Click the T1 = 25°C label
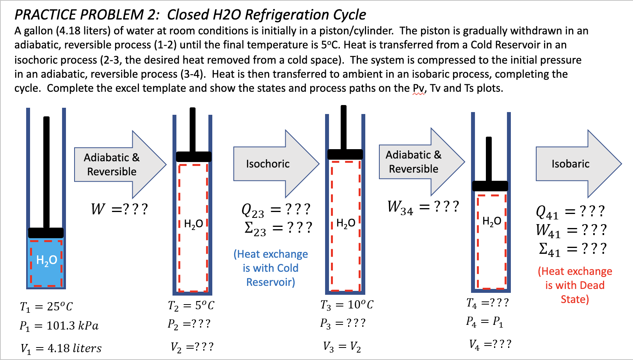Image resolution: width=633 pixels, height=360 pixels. [46, 307]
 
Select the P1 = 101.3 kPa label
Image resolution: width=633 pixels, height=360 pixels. [59, 326]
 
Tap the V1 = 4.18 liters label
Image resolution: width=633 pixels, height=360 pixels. [61, 348]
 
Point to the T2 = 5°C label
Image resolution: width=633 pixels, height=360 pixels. [191, 305]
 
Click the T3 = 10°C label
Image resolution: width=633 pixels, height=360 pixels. [347, 305]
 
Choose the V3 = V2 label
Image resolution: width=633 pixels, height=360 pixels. [342, 347]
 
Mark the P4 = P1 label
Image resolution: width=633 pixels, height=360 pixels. [484, 322]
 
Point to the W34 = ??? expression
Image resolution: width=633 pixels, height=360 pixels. [423, 207]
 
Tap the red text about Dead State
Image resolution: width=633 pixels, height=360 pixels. [575, 285]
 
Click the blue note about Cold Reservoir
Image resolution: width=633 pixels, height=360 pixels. [270, 268]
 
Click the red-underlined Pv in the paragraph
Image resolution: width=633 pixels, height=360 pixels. [418, 88]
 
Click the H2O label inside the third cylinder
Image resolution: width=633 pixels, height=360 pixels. [346, 223]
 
